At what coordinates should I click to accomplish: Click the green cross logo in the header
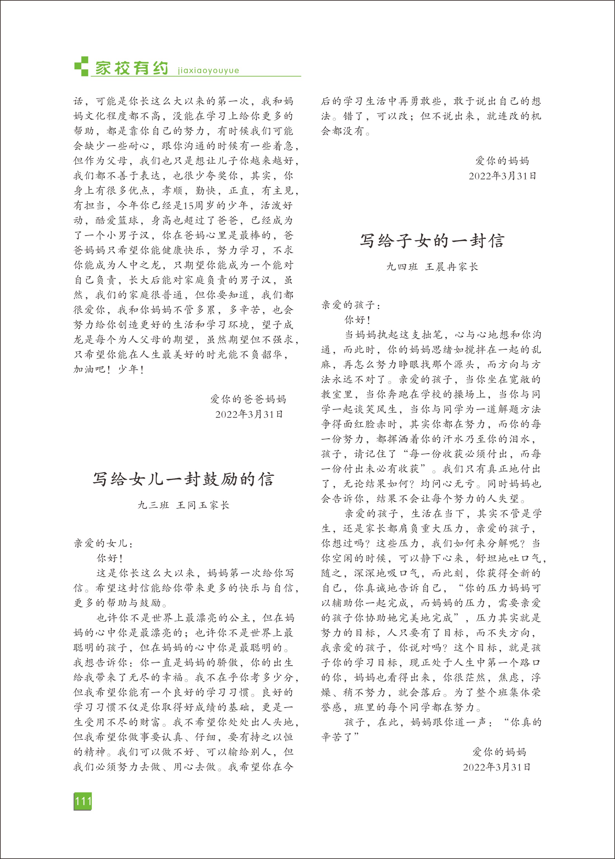(x=81, y=66)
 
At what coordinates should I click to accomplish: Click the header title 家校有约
(x=131, y=68)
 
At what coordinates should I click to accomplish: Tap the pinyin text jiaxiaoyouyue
(x=208, y=70)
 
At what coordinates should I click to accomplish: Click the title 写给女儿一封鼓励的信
(x=183, y=479)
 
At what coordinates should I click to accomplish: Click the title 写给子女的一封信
(x=432, y=241)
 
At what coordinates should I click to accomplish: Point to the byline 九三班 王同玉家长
(x=183, y=505)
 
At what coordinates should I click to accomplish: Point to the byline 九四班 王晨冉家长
(x=432, y=267)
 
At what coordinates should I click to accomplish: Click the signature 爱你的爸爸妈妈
(x=248, y=399)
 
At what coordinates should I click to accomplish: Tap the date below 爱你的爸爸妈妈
(x=249, y=414)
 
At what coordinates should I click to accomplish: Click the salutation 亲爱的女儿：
(x=103, y=543)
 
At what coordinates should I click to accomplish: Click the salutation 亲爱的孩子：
(x=351, y=305)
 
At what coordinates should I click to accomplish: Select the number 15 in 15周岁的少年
(x=188, y=205)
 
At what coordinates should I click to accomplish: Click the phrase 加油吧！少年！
(x=109, y=369)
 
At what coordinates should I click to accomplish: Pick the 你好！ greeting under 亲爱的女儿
(x=110, y=558)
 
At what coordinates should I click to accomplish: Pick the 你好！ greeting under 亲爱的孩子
(x=357, y=320)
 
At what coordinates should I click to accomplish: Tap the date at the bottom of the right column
(x=496, y=767)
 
